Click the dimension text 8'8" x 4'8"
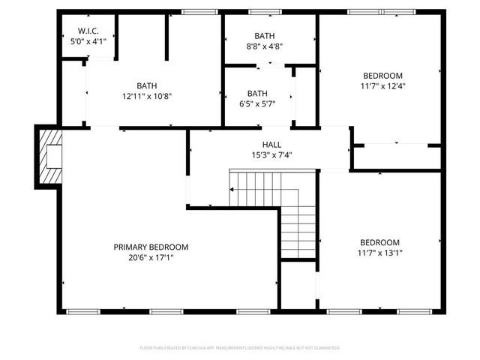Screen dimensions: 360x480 (264, 46)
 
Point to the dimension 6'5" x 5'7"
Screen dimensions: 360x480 (257, 103)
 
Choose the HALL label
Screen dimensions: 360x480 (271, 145)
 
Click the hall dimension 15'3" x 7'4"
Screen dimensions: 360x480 (271, 155)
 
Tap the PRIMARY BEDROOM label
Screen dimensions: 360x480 (151, 247)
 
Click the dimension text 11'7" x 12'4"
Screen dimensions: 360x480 (383, 85)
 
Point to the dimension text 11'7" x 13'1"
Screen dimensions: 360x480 (379, 253)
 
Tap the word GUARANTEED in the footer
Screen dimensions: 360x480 (327, 348)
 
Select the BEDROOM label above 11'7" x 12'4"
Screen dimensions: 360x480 (383, 75)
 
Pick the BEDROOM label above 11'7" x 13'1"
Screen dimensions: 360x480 (379, 242)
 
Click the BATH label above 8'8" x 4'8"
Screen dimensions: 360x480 (264, 35)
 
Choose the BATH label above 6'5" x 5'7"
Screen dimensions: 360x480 (257, 93)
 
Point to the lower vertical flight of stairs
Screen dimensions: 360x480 (298, 232)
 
